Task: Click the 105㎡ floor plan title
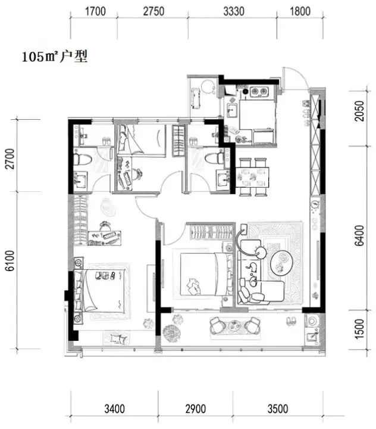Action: point(55,57)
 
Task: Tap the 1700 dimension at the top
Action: point(95,11)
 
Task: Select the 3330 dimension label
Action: point(234,11)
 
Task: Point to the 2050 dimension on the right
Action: point(359,111)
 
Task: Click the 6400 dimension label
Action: point(359,235)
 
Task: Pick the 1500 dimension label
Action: point(359,329)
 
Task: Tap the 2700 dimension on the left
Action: point(10,159)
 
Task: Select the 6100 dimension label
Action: point(10,260)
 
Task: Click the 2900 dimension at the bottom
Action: point(195,409)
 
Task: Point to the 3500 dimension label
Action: point(278,409)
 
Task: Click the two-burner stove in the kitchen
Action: point(259,91)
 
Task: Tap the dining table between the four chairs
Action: point(252,177)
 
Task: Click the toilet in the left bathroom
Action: point(82,159)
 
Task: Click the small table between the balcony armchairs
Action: point(234,325)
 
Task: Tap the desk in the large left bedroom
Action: point(104,238)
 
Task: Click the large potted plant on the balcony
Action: point(171,333)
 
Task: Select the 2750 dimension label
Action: point(154,11)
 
